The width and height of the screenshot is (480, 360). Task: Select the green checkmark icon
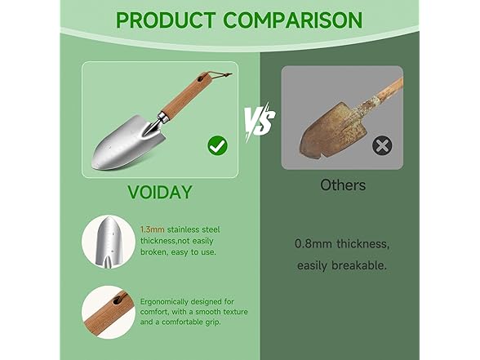(217, 146)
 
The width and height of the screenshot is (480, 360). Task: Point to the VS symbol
(260, 122)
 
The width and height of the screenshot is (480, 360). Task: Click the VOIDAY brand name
(159, 193)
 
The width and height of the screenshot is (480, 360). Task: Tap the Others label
(342, 185)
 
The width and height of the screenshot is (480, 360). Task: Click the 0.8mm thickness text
(342, 244)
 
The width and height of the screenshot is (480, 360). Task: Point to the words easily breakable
(342, 265)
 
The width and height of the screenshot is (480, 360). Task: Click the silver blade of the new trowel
(122, 144)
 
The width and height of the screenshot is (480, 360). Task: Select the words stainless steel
(196, 230)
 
